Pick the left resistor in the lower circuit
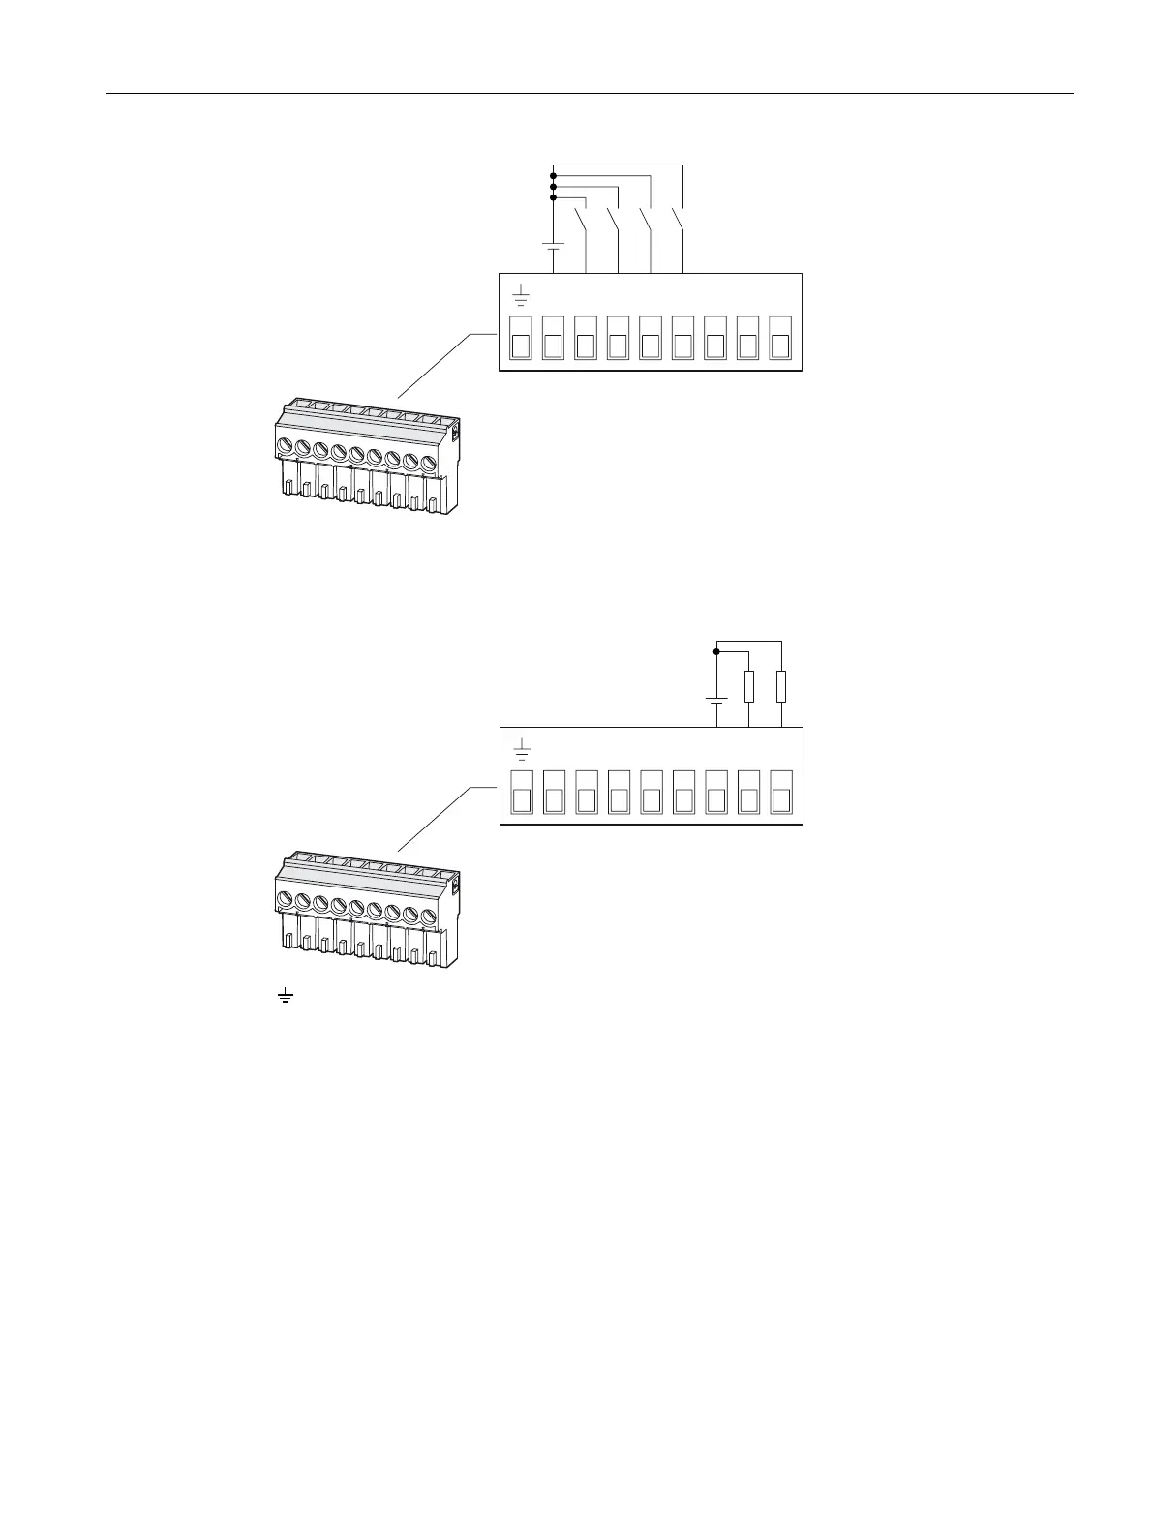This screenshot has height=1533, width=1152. pyautogui.click(x=749, y=686)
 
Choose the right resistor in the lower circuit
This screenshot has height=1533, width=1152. pyautogui.click(x=781, y=686)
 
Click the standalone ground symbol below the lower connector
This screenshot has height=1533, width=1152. pyautogui.click(x=285, y=995)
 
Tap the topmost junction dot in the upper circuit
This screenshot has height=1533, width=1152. pyautogui.click(x=553, y=176)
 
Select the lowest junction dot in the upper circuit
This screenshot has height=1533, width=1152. pyautogui.click(x=553, y=197)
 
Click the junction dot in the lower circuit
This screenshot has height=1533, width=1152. pyautogui.click(x=716, y=651)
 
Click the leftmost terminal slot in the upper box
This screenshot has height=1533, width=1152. pyautogui.click(x=521, y=337)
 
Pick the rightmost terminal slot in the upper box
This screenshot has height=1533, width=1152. pyautogui.click(x=781, y=337)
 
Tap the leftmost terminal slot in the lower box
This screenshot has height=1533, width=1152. pyautogui.click(x=521, y=792)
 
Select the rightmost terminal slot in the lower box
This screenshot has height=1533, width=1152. pyautogui.click(x=781, y=792)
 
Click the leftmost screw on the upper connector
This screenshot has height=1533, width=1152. pyautogui.click(x=285, y=446)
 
